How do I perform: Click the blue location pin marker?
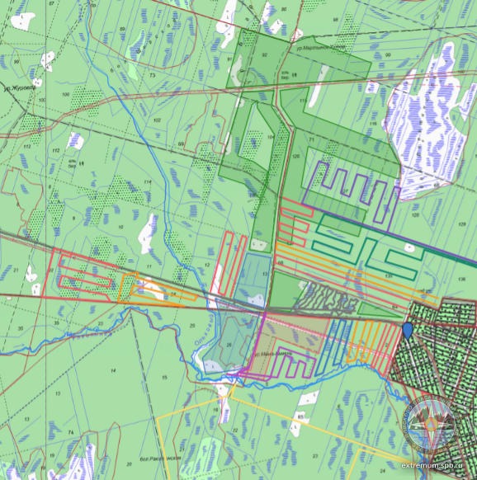(408, 332)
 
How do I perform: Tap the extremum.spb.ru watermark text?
(436, 465)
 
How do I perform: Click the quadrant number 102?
(158, 120)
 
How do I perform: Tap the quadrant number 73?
(153, 75)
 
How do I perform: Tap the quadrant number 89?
(121, 29)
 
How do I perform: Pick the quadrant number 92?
(264, 54)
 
